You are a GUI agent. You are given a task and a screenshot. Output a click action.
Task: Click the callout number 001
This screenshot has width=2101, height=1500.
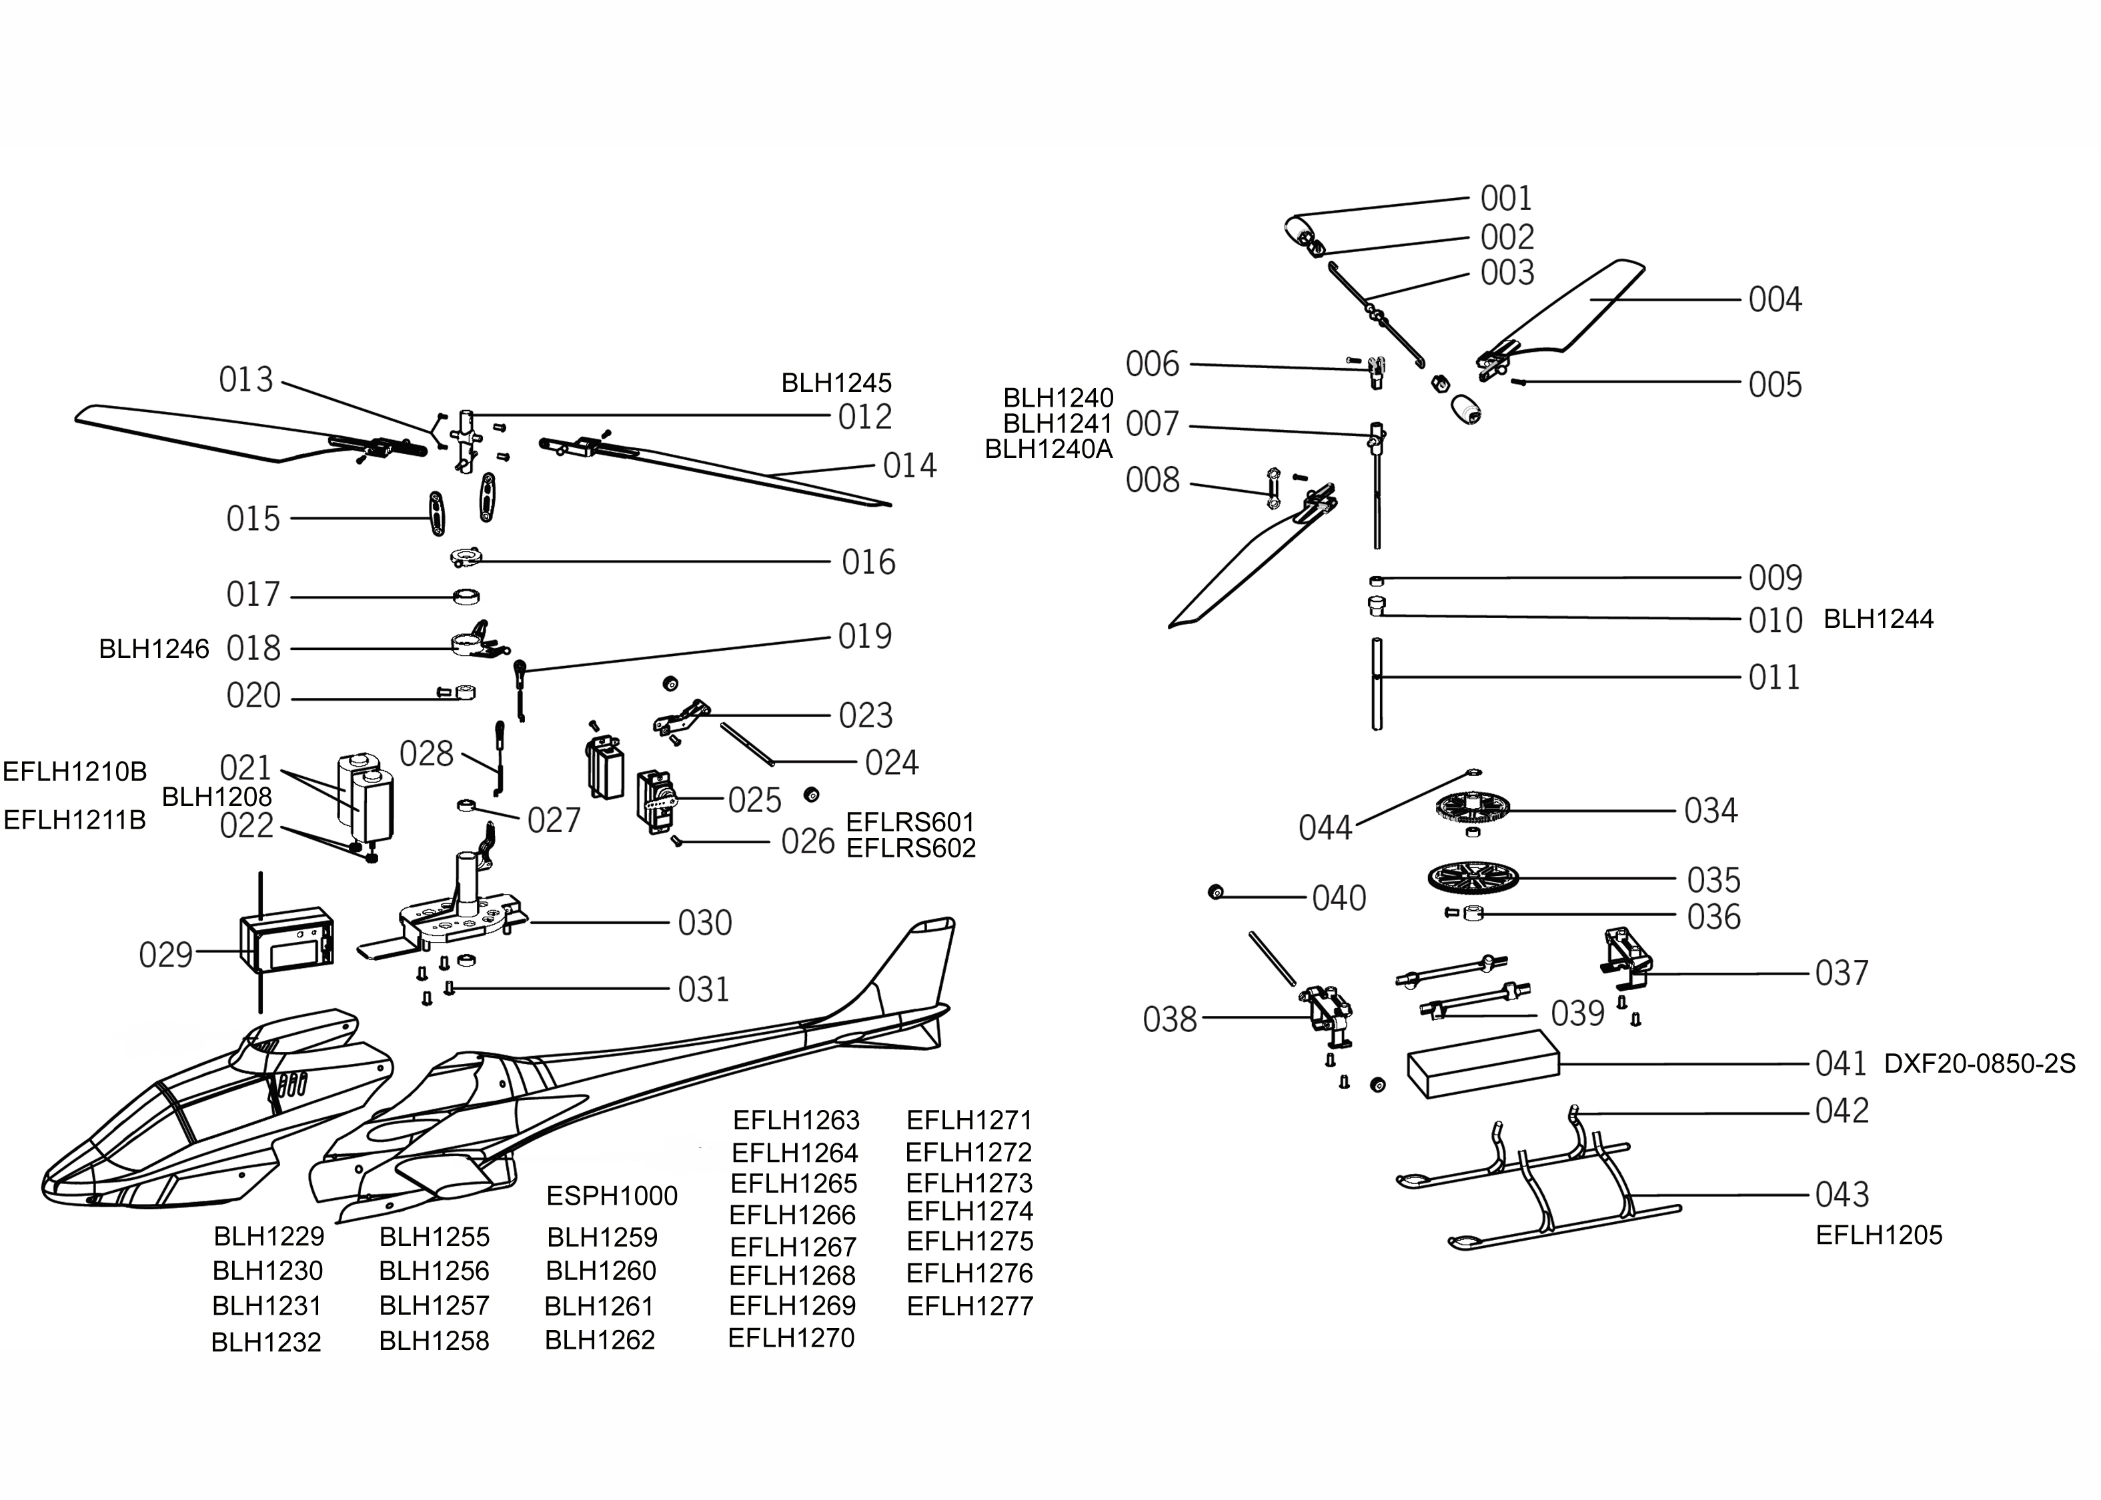(1506, 199)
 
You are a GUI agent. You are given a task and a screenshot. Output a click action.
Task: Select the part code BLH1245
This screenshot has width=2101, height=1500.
(836, 383)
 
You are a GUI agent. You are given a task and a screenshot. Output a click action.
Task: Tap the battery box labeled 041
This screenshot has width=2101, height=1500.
(1482, 1064)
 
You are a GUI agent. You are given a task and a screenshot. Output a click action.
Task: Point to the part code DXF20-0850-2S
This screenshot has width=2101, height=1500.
(1979, 1064)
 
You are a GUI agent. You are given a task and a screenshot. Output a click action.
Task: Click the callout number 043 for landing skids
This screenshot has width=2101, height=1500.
(1842, 1194)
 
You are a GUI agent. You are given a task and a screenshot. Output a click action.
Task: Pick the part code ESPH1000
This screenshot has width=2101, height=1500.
(612, 1196)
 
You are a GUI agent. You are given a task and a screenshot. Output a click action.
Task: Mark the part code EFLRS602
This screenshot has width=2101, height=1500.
(911, 848)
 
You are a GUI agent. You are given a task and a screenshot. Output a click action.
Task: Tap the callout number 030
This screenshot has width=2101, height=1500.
(705, 923)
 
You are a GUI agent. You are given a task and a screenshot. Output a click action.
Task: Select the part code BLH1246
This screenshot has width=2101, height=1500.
(154, 649)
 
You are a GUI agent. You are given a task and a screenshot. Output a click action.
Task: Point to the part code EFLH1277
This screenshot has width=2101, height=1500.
(970, 1306)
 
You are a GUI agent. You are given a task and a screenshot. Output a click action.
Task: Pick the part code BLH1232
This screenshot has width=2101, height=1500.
(266, 1342)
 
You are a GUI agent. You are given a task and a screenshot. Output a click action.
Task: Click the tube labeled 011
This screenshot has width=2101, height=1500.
(1377, 683)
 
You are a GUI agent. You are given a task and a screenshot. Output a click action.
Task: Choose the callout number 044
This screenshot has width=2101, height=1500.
(1325, 827)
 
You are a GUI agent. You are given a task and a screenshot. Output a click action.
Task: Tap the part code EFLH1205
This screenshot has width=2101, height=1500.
(1878, 1235)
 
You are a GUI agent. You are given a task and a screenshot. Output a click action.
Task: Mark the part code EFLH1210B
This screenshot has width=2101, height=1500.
(75, 771)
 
